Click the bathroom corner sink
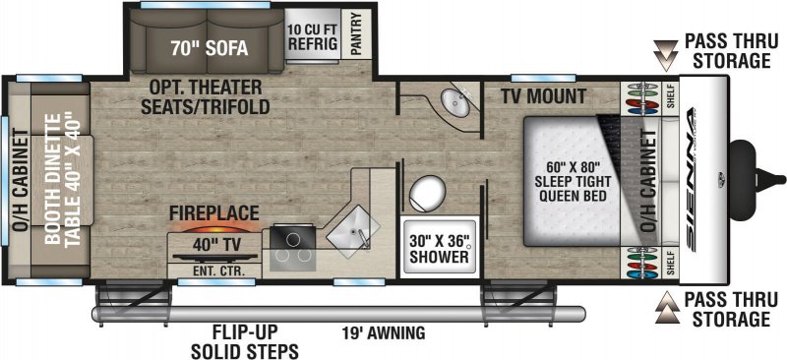point(454,102)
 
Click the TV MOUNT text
point(543,97)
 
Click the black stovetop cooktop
point(291,246)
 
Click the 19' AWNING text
point(384,333)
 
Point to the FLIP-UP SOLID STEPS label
point(245,341)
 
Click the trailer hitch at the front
point(753,177)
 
